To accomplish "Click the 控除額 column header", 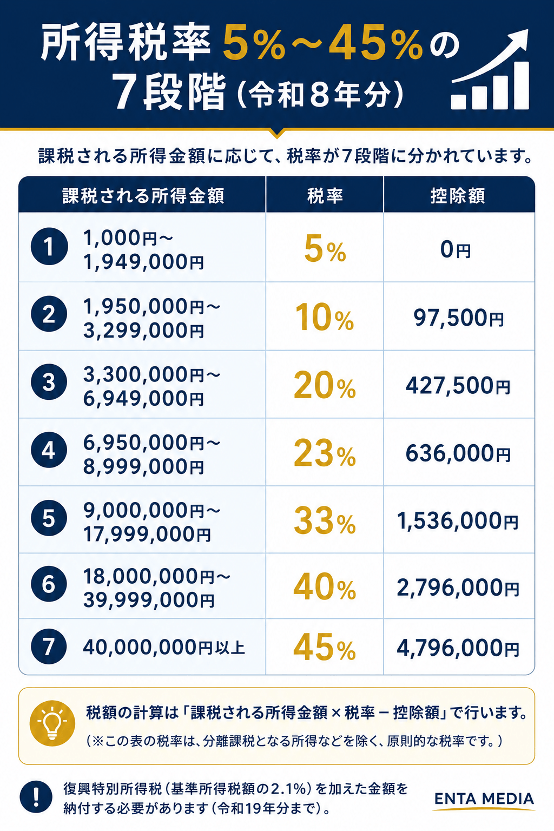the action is coord(458,195).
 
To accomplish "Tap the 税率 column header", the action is coord(325,195).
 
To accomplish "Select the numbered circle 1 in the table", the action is coord(49,246).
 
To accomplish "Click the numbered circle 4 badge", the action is coord(49,450).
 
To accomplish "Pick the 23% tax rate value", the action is coord(325,453).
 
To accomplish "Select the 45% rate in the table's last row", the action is coord(325,648).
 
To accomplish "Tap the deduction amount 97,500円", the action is coord(459,318).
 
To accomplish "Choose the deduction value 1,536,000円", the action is coord(458,521).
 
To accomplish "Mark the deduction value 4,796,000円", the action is coord(458,648).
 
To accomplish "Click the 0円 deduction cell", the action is coord(456,249).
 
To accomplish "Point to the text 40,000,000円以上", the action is coord(164,648).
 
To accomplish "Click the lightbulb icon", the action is coord(52,723).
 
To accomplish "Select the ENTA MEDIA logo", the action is coord(484,800).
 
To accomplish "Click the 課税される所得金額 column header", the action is coord(143,195).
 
